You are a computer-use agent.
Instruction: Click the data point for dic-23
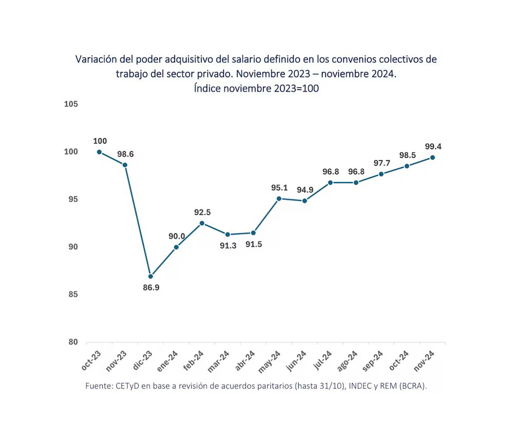(x=151, y=277)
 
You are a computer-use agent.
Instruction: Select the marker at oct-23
(x=99, y=152)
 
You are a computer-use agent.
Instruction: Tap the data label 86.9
(x=151, y=288)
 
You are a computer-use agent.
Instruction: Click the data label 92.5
(x=202, y=212)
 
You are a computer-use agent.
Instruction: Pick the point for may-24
(x=279, y=198)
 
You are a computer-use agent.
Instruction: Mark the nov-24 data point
(x=432, y=157)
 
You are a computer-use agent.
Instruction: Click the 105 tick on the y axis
(x=70, y=104)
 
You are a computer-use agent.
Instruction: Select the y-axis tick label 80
(x=72, y=342)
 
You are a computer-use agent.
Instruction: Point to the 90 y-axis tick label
(x=72, y=247)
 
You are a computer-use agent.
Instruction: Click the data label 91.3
(x=228, y=245)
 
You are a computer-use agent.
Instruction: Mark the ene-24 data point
(x=176, y=247)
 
